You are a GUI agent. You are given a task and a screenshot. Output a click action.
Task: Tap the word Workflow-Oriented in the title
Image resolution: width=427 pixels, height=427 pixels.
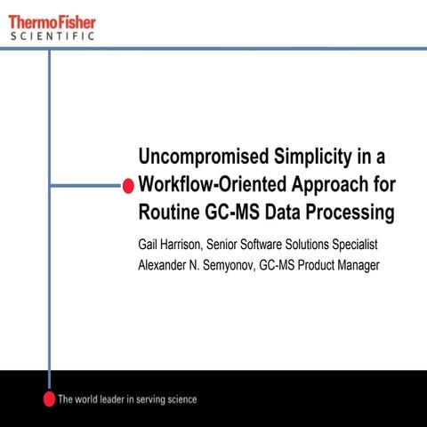point(209,185)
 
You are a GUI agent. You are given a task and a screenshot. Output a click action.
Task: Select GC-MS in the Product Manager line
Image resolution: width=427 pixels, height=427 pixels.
point(278,264)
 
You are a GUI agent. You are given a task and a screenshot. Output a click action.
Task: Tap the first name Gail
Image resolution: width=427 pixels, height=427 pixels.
point(149,244)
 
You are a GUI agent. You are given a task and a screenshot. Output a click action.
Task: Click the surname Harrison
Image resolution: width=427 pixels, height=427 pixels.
point(187,244)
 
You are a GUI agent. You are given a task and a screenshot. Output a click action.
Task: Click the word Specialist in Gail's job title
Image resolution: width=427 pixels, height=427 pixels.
point(354,244)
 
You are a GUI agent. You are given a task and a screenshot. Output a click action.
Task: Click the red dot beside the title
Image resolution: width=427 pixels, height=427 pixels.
point(127,185)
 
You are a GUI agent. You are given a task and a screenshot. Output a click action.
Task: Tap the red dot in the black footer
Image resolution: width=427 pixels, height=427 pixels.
point(50,398)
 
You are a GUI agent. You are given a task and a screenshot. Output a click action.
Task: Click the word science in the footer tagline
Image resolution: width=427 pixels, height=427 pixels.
point(178,399)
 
